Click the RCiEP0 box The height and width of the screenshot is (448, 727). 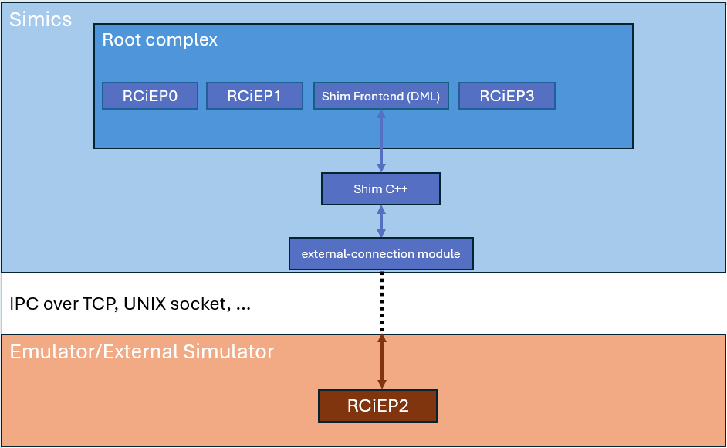click(150, 97)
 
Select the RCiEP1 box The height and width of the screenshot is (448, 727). click(254, 97)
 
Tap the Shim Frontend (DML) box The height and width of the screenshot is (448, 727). click(380, 97)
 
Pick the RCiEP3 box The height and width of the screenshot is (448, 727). click(506, 97)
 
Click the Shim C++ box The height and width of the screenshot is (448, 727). click(380, 189)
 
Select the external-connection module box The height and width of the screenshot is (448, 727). click(380, 254)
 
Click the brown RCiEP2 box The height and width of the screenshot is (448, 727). click(377, 406)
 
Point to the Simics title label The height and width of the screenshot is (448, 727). click(40, 19)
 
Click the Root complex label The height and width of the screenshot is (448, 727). click(160, 39)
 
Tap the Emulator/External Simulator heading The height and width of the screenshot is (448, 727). click(141, 352)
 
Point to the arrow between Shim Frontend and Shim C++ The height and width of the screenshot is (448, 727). click(380, 141)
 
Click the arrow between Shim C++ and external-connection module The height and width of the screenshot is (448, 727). click(380, 222)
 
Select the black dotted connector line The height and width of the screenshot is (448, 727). click(380, 303)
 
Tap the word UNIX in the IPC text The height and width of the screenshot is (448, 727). click(150, 304)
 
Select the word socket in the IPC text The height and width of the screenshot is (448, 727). click(204, 304)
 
